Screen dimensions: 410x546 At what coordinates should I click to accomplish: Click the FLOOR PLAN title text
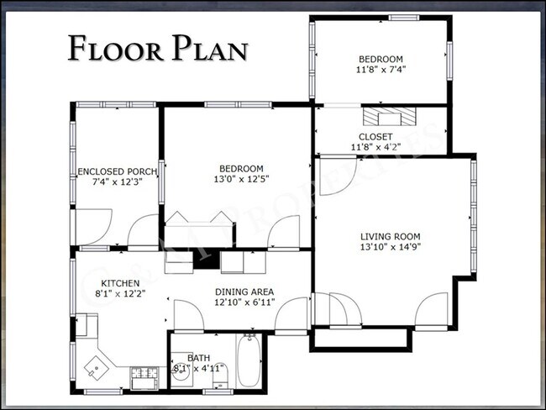click(x=158, y=48)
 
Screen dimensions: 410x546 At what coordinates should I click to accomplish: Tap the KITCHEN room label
click(x=121, y=283)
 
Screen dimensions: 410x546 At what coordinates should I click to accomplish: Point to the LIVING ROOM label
click(x=391, y=237)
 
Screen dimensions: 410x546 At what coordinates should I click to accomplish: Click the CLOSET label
click(x=375, y=136)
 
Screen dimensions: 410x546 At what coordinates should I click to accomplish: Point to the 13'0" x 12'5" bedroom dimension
click(x=242, y=179)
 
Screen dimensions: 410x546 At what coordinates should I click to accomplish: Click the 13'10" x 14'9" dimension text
click(x=391, y=248)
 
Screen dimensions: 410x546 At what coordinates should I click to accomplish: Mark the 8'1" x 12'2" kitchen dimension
click(x=121, y=294)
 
